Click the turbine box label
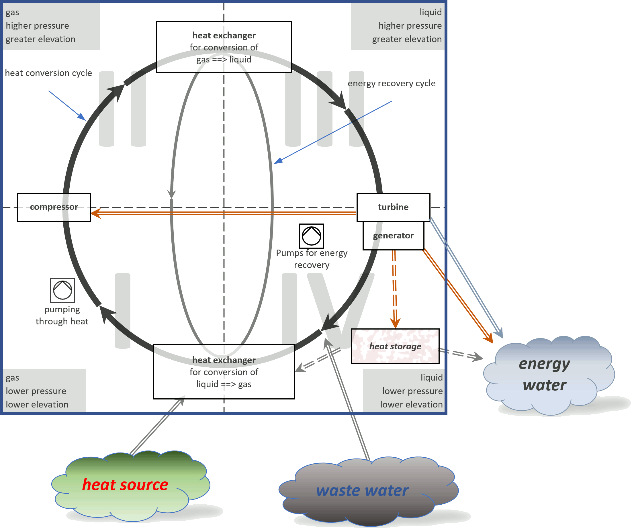393,207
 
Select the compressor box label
54,207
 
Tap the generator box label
393,236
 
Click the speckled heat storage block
395,346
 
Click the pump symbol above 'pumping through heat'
62,290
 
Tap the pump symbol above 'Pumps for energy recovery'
312,236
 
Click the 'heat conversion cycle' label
48,73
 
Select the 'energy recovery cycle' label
392,83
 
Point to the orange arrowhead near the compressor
95,214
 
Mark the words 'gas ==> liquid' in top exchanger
224,60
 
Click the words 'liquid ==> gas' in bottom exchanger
224,384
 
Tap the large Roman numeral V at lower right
340,307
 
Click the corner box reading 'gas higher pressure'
51,26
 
